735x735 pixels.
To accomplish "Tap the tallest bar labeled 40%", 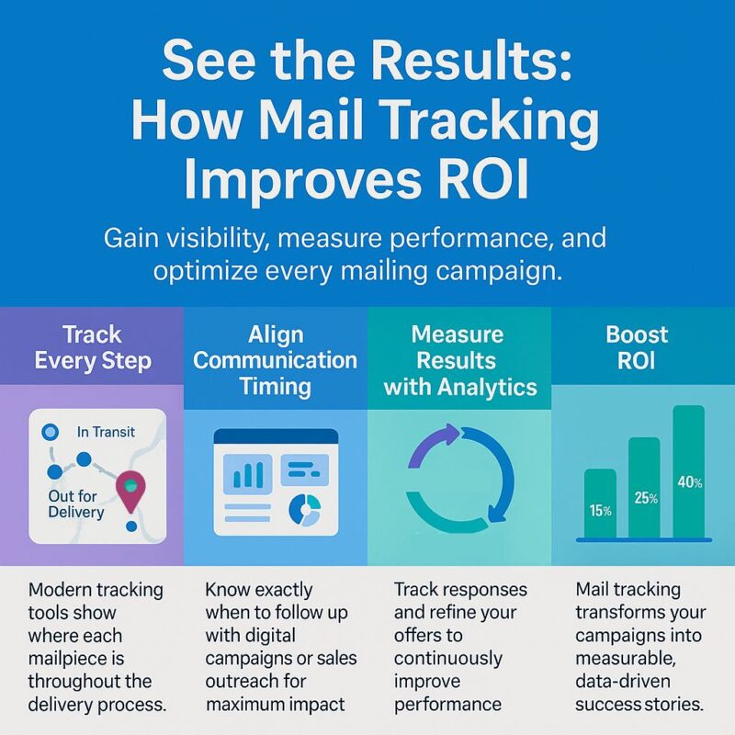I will click(x=688, y=471).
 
